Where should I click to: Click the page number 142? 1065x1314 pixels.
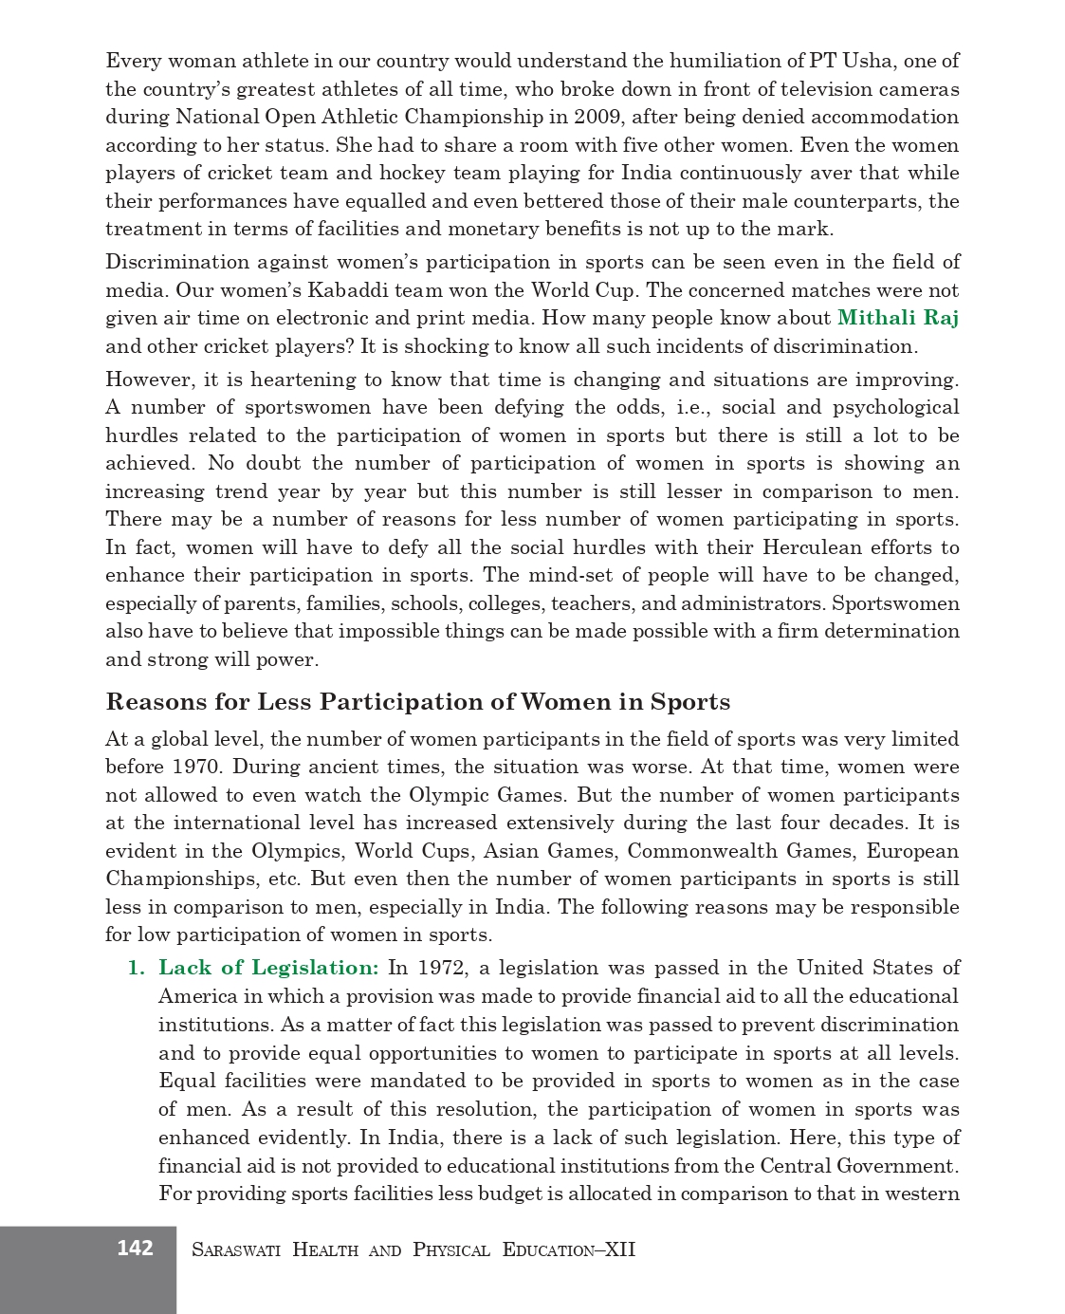pyautogui.click(x=135, y=1248)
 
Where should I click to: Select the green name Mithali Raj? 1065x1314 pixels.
pyautogui.click(x=897, y=318)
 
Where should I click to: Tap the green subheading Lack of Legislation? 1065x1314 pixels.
pyautogui.click(x=268, y=968)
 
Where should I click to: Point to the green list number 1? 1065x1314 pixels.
pyautogui.click(x=136, y=968)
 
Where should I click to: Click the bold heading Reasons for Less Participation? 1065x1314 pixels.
pyautogui.click(x=417, y=702)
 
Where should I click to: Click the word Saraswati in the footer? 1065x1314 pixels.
pyautogui.click(x=236, y=1249)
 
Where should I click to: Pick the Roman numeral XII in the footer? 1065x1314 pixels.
pyautogui.click(x=619, y=1249)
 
